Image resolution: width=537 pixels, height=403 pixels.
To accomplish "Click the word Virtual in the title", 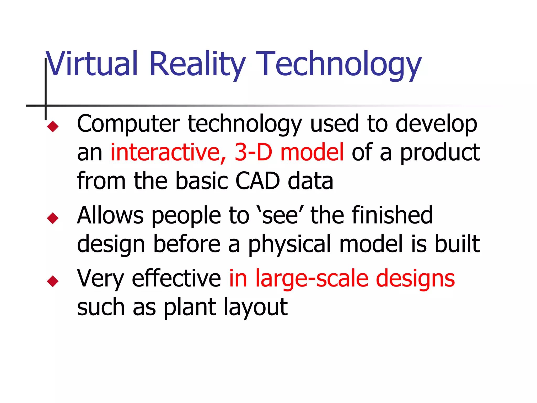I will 91,63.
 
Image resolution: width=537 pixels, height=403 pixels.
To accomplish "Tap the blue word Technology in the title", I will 339,64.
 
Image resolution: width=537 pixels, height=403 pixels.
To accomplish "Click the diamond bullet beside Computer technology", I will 53,126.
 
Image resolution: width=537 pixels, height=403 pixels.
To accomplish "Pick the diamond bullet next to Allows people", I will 53,218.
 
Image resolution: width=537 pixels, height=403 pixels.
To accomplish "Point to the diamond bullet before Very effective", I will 53,281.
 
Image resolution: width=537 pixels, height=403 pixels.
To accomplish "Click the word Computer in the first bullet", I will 128,124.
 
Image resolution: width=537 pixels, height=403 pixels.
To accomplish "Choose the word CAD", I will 258,181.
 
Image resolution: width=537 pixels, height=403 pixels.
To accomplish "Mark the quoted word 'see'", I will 280,215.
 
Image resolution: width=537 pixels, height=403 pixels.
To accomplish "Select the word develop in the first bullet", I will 436,124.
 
